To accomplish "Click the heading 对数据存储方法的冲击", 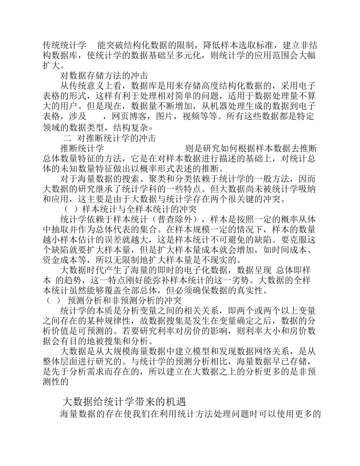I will (104, 75).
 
